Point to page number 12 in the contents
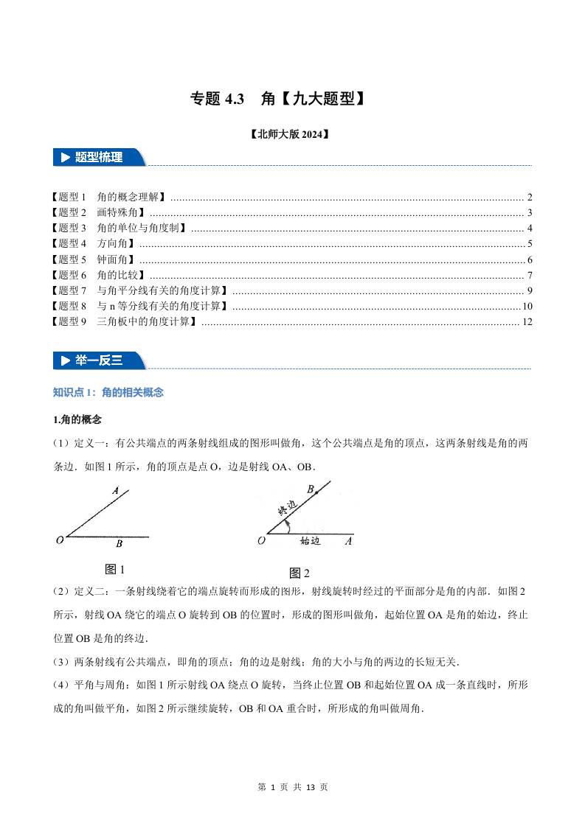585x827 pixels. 527,321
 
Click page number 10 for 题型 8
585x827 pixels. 527,306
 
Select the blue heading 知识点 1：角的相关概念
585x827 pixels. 108,392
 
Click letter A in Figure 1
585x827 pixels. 116,490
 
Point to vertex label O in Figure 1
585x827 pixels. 59,540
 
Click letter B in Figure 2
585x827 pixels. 311,489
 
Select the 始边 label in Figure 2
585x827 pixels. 310,541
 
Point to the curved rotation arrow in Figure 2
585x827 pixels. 289,526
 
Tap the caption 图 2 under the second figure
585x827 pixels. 300,573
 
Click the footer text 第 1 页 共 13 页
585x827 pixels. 293,787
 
